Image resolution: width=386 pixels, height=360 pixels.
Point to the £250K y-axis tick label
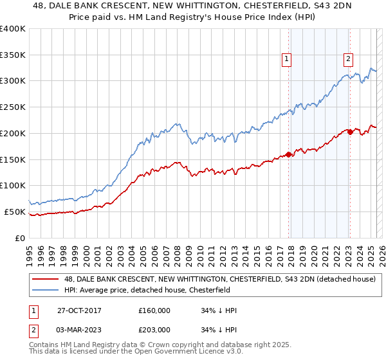[13, 107]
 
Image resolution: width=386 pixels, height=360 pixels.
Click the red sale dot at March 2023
[350, 132]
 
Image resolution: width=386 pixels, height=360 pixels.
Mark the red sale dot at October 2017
[289, 154]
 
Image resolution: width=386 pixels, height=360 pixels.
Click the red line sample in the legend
[46, 280]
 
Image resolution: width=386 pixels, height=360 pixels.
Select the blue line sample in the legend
[46, 291]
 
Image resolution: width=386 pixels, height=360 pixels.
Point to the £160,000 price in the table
[154, 310]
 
